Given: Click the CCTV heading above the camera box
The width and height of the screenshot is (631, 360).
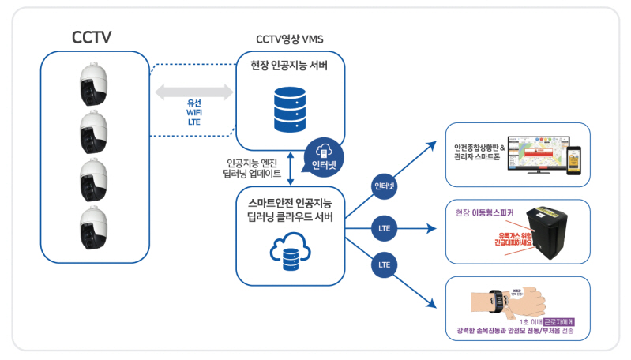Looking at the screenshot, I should tap(92, 36).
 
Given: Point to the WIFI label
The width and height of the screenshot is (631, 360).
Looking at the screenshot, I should tap(194, 113).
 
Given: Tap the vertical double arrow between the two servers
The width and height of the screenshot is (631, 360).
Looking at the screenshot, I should tap(292, 167).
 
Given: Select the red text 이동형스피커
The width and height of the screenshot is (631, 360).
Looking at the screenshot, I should tap(493, 212).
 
